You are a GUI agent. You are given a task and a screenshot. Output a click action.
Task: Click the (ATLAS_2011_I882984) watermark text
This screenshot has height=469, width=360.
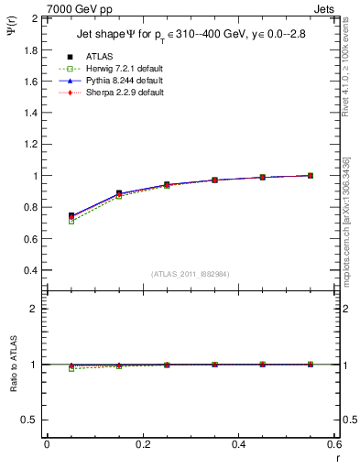[x=190, y=274]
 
